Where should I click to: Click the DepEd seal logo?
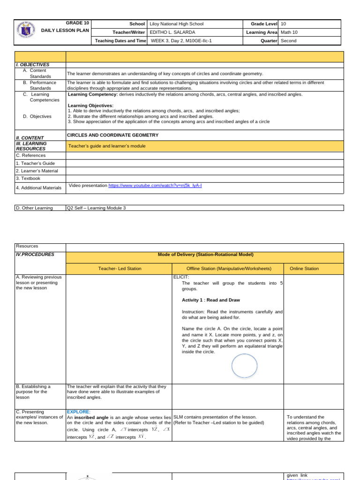pos(28,32)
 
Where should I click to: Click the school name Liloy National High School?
pos(176,24)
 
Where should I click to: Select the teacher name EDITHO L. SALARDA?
pos(172,32)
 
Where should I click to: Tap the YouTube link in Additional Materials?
pos(155,186)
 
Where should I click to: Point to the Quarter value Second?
pos(288,41)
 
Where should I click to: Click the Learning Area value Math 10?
pos(289,32)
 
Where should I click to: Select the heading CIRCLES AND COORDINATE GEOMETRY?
pos(113,135)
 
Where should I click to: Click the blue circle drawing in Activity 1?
pos(244,366)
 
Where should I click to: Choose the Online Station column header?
pos(304,269)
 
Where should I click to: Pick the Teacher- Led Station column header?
pos(120,269)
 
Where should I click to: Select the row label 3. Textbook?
pos(28,179)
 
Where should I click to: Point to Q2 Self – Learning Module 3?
pos(97,208)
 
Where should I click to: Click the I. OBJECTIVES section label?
pos(33,65)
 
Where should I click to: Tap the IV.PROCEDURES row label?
pos(35,255)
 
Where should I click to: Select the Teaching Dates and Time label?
pos(120,41)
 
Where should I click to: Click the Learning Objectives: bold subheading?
pos(90,105)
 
